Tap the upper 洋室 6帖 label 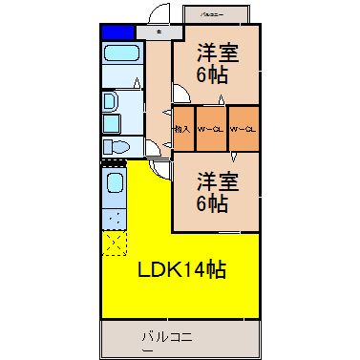pos(219,62)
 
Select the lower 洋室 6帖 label pos(219,191)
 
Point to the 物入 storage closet pos(182,129)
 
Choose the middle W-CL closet pos(210,129)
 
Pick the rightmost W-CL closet pos(244,129)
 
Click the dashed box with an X pos(114,243)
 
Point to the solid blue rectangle pos(116,32)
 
